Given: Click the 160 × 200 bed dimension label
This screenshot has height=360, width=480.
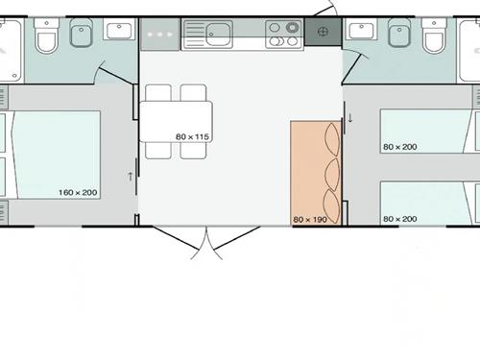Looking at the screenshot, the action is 78,192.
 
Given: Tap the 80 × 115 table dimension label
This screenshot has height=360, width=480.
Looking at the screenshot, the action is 192,136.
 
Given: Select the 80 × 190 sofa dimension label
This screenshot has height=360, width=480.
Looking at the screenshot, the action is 310,220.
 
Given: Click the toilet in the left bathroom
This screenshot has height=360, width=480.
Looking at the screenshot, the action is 47,36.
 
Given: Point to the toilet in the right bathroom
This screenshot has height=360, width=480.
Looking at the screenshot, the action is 434,36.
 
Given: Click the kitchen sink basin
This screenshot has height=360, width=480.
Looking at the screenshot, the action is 219,35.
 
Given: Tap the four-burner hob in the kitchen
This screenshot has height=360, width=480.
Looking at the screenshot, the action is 284,35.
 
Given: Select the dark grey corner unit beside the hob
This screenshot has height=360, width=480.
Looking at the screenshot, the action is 324,32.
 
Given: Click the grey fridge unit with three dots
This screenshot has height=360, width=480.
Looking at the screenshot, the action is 160,35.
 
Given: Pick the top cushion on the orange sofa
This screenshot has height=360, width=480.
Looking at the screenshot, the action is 332,139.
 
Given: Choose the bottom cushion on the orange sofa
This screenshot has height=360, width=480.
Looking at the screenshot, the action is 331,206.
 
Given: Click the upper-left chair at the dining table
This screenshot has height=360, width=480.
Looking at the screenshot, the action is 158,93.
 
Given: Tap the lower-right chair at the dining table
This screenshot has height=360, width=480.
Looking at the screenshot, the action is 193,150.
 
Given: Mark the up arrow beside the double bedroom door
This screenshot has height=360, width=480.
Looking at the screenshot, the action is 131,177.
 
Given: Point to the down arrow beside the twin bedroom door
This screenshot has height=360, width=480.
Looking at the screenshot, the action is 350,118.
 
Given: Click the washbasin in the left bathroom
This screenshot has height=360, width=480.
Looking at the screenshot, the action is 119,31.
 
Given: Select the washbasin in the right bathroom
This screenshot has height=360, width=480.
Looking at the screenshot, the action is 362,31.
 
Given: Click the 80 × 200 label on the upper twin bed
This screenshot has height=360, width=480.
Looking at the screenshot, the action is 400,147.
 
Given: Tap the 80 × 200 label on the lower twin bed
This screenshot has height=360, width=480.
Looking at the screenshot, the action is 400,219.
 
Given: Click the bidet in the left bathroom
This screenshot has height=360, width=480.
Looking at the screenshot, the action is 82,33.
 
